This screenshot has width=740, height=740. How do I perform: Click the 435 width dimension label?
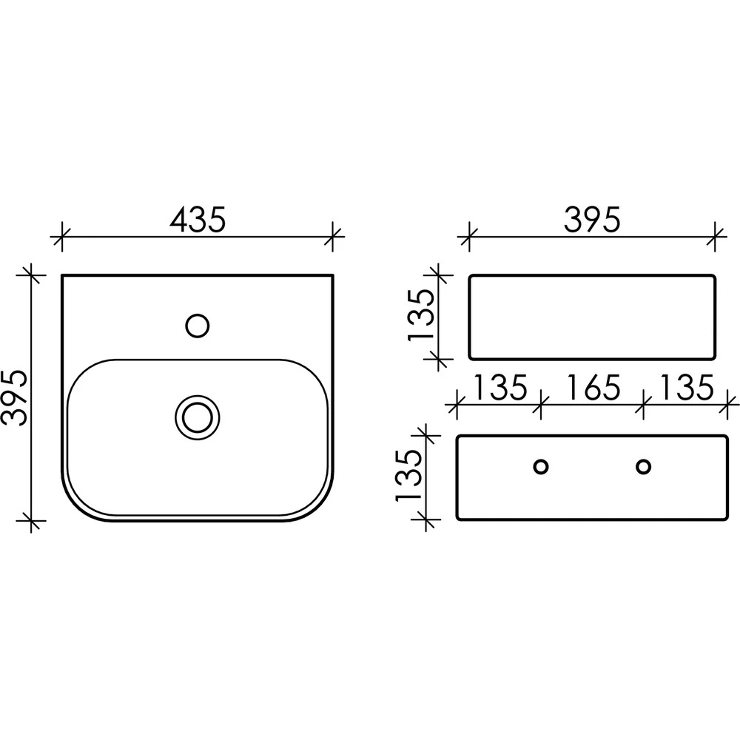pos(198,220)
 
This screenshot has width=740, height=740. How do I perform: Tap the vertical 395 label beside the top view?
pos(14,398)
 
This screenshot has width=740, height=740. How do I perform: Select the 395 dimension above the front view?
pos(592,220)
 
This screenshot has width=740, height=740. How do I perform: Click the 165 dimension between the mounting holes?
pos(592,388)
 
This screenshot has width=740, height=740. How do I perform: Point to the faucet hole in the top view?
pos(198,326)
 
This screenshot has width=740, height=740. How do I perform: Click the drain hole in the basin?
pos(198,417)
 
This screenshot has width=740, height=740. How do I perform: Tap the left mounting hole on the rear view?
pos(540,467)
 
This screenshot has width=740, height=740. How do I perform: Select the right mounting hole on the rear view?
pos(643,467)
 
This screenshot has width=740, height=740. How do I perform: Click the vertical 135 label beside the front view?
pos(420,314)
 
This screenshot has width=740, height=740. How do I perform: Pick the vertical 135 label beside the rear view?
pos(408,475)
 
